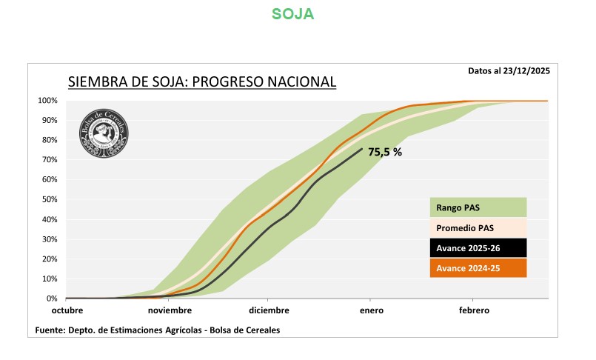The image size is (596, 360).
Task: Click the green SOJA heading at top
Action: [292, 14]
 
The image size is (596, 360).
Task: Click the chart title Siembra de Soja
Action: [202, 81]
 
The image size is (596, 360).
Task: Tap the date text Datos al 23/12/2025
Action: [509, 71]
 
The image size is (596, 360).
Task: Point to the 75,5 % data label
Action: [385, 152]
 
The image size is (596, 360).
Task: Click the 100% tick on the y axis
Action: [47, 101]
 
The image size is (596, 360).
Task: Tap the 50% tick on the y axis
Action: [49, 199]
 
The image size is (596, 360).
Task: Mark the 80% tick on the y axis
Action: [49, 140]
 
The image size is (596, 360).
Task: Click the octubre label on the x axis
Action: [67, 310]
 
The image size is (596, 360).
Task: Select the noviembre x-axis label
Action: [170, 310]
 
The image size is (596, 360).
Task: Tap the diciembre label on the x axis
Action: [269, 310]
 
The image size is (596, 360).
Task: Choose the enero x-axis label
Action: [372, 310]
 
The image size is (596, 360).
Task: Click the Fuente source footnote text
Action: [157, 330]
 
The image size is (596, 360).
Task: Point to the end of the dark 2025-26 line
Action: [362, 149]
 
